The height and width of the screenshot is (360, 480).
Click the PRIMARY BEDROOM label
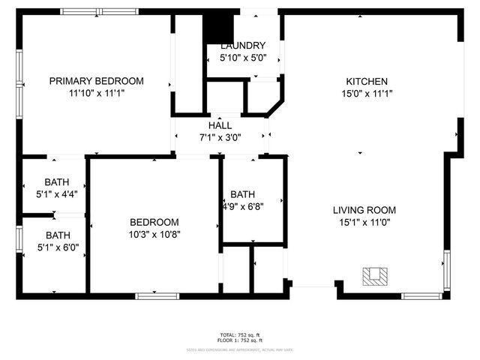(x=96, y=81)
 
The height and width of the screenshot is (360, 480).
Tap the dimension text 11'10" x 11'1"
(x=96, y=94)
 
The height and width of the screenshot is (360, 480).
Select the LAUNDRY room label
(x=242, y=45)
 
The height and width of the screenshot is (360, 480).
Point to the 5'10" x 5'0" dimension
(x=242, y=57)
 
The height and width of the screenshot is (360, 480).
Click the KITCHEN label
(x=366, y=82)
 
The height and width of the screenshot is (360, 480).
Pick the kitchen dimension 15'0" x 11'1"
(x=366, y=94)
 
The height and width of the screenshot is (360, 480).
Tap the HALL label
(x=220, y=125)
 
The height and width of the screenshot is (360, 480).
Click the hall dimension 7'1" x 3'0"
(x=220, y=138)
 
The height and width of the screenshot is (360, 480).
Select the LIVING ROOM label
(x=364, y=210)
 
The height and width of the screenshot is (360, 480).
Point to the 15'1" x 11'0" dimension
(x=364, y=222)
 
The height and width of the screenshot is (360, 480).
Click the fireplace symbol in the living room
(x=375, y=277)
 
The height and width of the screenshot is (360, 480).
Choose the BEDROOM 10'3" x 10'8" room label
(x=154, y=222)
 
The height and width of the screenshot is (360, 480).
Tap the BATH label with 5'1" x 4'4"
(x=56, y=181)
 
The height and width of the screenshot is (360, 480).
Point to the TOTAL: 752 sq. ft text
(x=240, y=334)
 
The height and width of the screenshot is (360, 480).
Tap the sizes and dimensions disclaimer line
(x=240, y=349)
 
